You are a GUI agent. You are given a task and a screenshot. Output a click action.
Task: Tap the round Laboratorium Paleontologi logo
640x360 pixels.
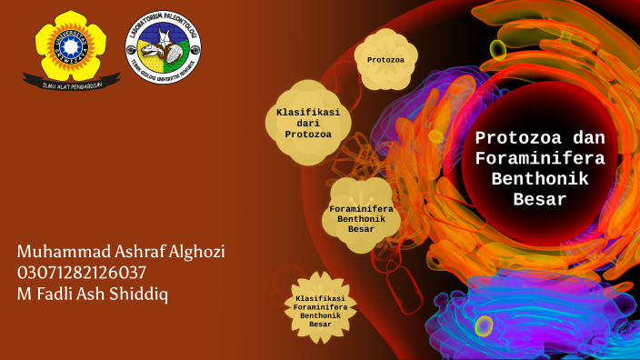coord(163,47)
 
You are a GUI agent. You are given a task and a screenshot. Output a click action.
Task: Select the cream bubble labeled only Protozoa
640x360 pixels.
coord(385,60)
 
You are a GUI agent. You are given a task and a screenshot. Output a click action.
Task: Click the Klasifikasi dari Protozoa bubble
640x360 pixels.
coord(308,123)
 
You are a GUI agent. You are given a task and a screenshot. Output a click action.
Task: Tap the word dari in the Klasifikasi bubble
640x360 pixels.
coord(308,123)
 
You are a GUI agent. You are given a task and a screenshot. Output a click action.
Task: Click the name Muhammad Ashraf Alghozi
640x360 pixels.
coord(121,252)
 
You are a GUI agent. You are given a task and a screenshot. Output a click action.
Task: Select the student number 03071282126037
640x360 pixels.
coord(82,273)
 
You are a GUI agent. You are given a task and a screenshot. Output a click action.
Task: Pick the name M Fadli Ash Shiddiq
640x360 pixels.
coord(93,294)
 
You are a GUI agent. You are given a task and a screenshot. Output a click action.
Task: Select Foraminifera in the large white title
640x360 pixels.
coord(540,159)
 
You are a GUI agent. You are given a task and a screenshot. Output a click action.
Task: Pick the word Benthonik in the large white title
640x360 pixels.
coord(540,179)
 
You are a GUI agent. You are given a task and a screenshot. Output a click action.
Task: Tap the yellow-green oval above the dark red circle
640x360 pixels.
coord(498,48)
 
